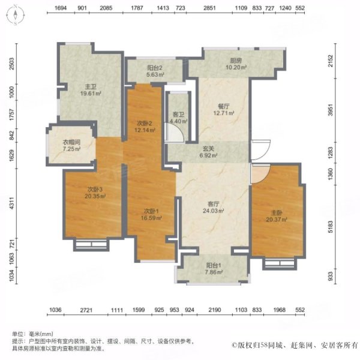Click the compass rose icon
point(16,15)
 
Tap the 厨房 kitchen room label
point(236,61)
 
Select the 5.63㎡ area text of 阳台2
point(155,74)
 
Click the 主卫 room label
point(91,87)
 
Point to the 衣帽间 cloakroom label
point(71,142)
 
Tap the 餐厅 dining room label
point(224,106)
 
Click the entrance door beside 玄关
point(260,149)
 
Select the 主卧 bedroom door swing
point(261,173)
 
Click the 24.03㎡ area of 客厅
point(213,211)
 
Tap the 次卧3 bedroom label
point(95,190)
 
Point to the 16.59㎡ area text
point(151,218)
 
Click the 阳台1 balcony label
point(214,265)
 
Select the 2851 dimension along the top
point(209,8)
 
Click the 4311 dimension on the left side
point(11,203)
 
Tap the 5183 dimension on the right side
point(331,227)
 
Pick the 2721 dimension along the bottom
point(86,310)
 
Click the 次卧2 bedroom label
point(145,124)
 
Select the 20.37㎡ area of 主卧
point(277,220)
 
